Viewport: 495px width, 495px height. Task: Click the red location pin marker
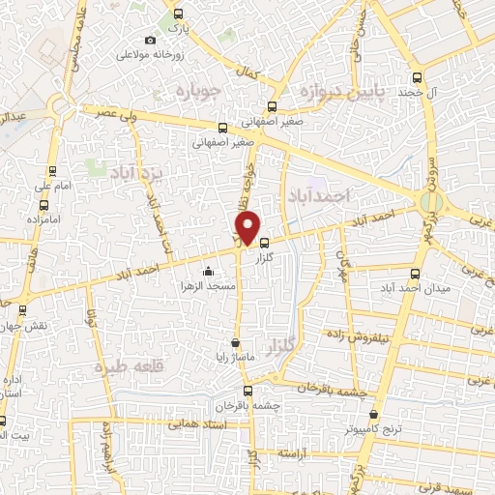click(248, 226)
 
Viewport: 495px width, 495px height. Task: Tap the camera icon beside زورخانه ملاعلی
click(149, 40)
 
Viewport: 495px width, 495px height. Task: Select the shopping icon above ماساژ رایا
click(235, 341)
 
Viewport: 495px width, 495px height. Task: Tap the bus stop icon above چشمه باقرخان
click(248, 391)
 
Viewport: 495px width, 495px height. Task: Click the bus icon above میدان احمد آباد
click(415, 274)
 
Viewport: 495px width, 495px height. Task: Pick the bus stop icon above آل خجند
click(417, 76)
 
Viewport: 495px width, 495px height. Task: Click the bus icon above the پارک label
click(177, 14)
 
